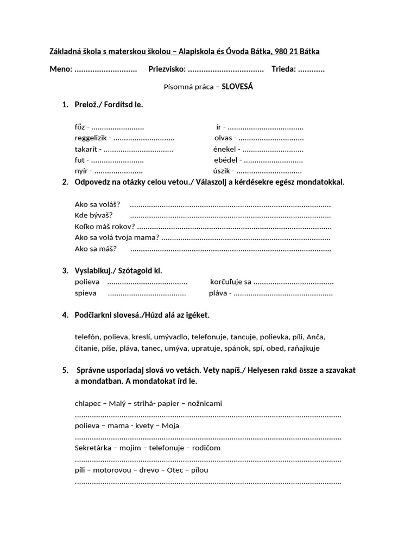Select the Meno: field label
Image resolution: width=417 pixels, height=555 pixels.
61,69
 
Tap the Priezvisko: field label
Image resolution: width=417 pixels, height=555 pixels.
167,69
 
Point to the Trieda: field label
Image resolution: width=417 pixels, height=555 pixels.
282,69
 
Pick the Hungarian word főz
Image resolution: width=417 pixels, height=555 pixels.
80,127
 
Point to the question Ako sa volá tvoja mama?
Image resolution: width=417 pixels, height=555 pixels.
117,237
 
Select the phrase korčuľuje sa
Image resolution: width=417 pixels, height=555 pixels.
231,282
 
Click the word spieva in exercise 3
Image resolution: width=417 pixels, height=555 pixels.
86,293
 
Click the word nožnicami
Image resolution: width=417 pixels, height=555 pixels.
205,403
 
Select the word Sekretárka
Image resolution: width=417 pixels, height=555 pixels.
93,448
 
